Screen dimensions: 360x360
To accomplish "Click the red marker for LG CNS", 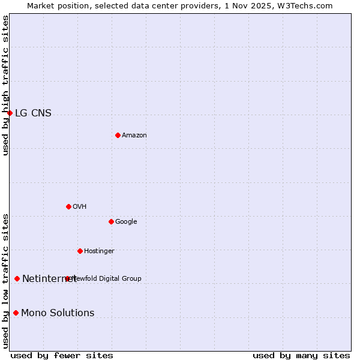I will (10, 113).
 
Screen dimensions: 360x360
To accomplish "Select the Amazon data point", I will (118, 135).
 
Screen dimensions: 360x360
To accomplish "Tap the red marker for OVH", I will (68, 206).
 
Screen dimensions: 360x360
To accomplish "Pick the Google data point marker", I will (111, 221).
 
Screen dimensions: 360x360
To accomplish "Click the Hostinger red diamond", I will (80, 251).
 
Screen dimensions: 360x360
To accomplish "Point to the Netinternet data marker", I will (17, 278).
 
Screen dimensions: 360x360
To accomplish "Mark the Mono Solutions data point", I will (16, 313).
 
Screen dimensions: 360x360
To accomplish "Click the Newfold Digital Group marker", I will (67, 278).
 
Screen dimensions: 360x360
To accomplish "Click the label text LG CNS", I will (33, 113).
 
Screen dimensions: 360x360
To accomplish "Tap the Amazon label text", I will (134, 135).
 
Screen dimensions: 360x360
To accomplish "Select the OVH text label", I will (80, 206).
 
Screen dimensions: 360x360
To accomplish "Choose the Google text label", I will (126, 221).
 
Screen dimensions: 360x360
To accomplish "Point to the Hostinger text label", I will (99, 251).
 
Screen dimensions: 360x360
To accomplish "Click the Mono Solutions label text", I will (58, 313).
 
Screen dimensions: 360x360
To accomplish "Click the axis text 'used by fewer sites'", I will (62, 355).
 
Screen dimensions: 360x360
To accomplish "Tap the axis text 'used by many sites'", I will (301, 355).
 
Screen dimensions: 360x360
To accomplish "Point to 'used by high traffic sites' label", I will (5, 85).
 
